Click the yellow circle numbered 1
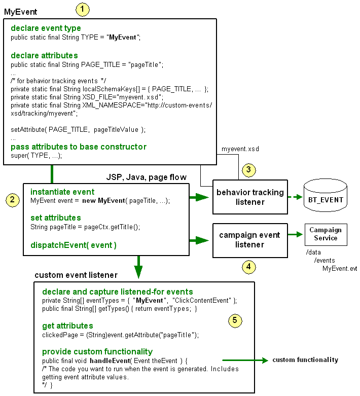click(x=82, y=9)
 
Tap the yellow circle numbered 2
click(x=12, y=200)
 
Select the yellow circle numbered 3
click(x=248, y=169)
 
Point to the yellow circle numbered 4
click(x=248, y=266)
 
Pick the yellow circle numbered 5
click(x=234, y=320)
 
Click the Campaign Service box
click(x=327, y=234)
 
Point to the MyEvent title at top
click(x=20, y=11)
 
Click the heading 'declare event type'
click(x=46, y=28)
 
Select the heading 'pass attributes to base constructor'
click(x=79, y=147)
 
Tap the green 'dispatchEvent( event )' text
click(x=74, y=245)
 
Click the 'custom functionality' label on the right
click(x=305, y=360)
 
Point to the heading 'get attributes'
click(x=67, y=326)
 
